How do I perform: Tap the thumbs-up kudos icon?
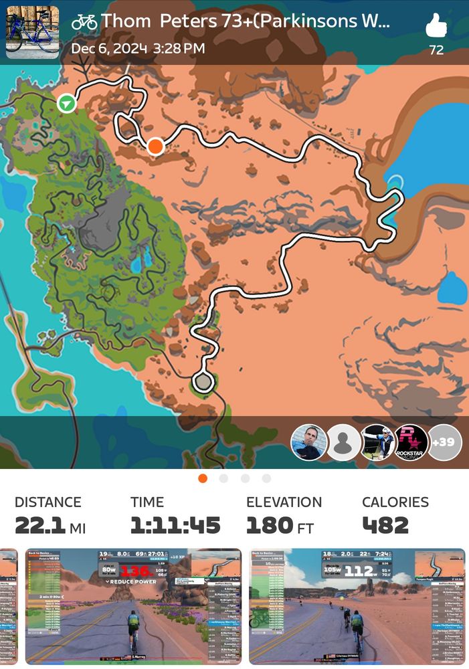436,27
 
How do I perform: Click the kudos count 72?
436,50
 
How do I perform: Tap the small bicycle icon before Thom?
84,21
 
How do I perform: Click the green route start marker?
66,103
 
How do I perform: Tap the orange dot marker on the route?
155,146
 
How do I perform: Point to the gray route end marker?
202,382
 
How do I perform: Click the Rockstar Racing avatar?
411,442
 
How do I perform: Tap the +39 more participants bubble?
444,442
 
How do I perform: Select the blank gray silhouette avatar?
343,442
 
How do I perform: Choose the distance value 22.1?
40,525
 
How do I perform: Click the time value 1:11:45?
175,525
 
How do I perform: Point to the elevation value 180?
269,525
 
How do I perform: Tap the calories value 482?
385,525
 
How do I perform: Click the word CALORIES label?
395,502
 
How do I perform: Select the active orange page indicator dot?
203,478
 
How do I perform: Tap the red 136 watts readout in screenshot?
134,571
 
